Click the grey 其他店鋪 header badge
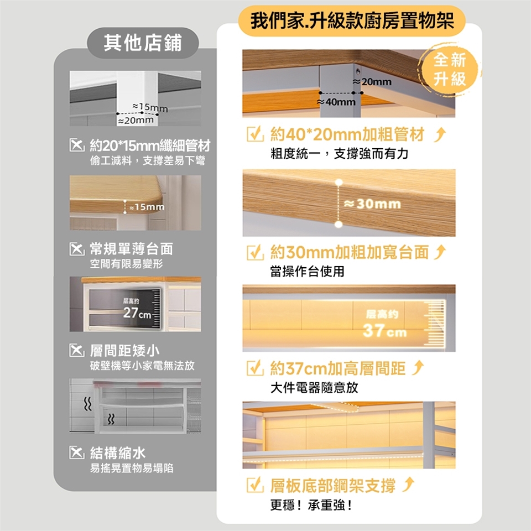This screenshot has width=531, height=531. pyautogui.click(x=143, y=43)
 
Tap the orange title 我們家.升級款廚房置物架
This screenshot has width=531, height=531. pyautogui.click(x=352, y=20)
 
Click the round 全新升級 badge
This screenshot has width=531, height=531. pyautogui.click(x=449, y=70)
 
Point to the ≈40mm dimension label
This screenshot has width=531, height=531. pyautogui.click(x=336, y=102)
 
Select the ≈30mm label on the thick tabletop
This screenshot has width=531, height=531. pyautogui.click(x=372, y=204)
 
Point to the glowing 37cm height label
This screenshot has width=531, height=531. pyautogui.click(x=384, y=331)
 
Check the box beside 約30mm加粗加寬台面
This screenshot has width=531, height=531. pyautogui.click(x=255, y=252)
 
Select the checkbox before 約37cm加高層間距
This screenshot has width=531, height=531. pyautogui.click(x=255, y=368)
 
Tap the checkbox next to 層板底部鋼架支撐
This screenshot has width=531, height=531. pyautogui.click(x=255, y=485)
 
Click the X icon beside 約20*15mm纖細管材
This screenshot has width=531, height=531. pyautogui.click(x=77, y=145)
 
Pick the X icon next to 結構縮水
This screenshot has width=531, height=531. pyautogui.click(x=77, y=452)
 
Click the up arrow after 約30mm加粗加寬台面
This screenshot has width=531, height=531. pyautogui.click(x=440, y=252)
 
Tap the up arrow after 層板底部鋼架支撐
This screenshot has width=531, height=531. pyautogui.click(x=408, y=485)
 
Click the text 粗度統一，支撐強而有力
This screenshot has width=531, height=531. pyautogui.click(x=339, y=154)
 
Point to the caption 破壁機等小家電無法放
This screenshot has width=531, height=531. pyautogui.click(x=142, y=366)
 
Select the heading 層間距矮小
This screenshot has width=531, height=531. pyautogui.click(x=124, y=351)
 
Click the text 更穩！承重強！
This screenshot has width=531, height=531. pyautogui.click(x=311, y=505)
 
